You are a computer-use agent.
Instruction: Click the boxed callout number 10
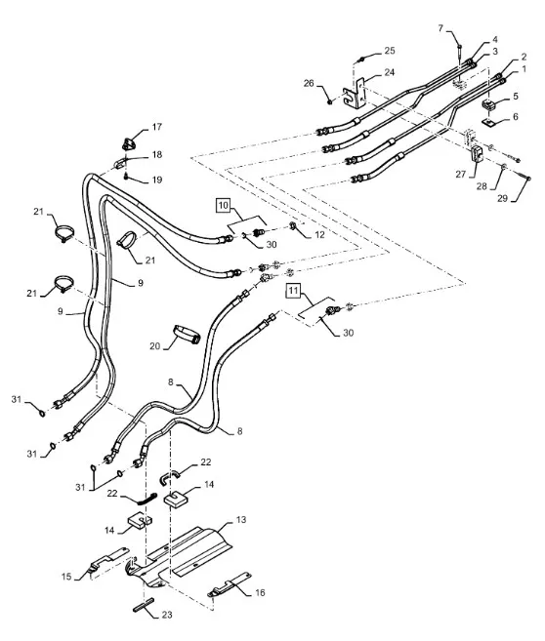click(x=223, y=205)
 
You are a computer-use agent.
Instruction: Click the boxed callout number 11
click(x=293, y=291)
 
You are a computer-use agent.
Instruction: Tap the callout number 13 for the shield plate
click(x=241, y=520)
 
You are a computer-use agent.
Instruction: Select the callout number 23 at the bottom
click(x=166, y=615)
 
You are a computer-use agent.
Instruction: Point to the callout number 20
click(x=154, y=346)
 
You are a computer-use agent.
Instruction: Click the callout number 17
click(x=156, y=127)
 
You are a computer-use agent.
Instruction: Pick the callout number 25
click(x=390, y=51)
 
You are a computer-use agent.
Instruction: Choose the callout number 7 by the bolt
click(x=440, y=28)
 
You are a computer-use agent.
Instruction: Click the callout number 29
click(x=502, y=198)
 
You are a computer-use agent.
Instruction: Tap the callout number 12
click(x=319, y=235)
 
